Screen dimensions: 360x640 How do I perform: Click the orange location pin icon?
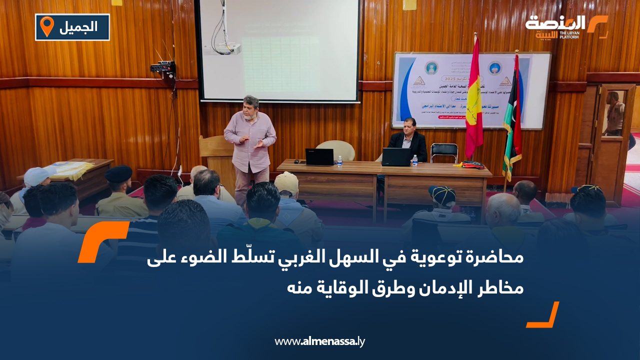click(x=46, y=26)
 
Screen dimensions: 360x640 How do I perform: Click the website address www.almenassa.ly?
click(x=320, y=341)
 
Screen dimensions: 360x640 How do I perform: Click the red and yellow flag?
click(x=473, y=100)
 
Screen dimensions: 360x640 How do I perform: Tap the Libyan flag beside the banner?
click(x=512, y=120)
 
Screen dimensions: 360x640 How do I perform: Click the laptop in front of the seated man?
click(x=395, y=157)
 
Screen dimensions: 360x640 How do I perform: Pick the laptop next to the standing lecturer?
click(x=319, y=157)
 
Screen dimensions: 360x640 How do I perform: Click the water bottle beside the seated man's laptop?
click(x=414, y=160)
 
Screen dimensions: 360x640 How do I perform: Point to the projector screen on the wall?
click(x=279, y=50)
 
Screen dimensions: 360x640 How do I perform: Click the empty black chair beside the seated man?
click(x=443, y=152)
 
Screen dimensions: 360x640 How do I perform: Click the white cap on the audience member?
click(x=38, y=175)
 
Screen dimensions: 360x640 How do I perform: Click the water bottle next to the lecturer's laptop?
click(x=339, y=160)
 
